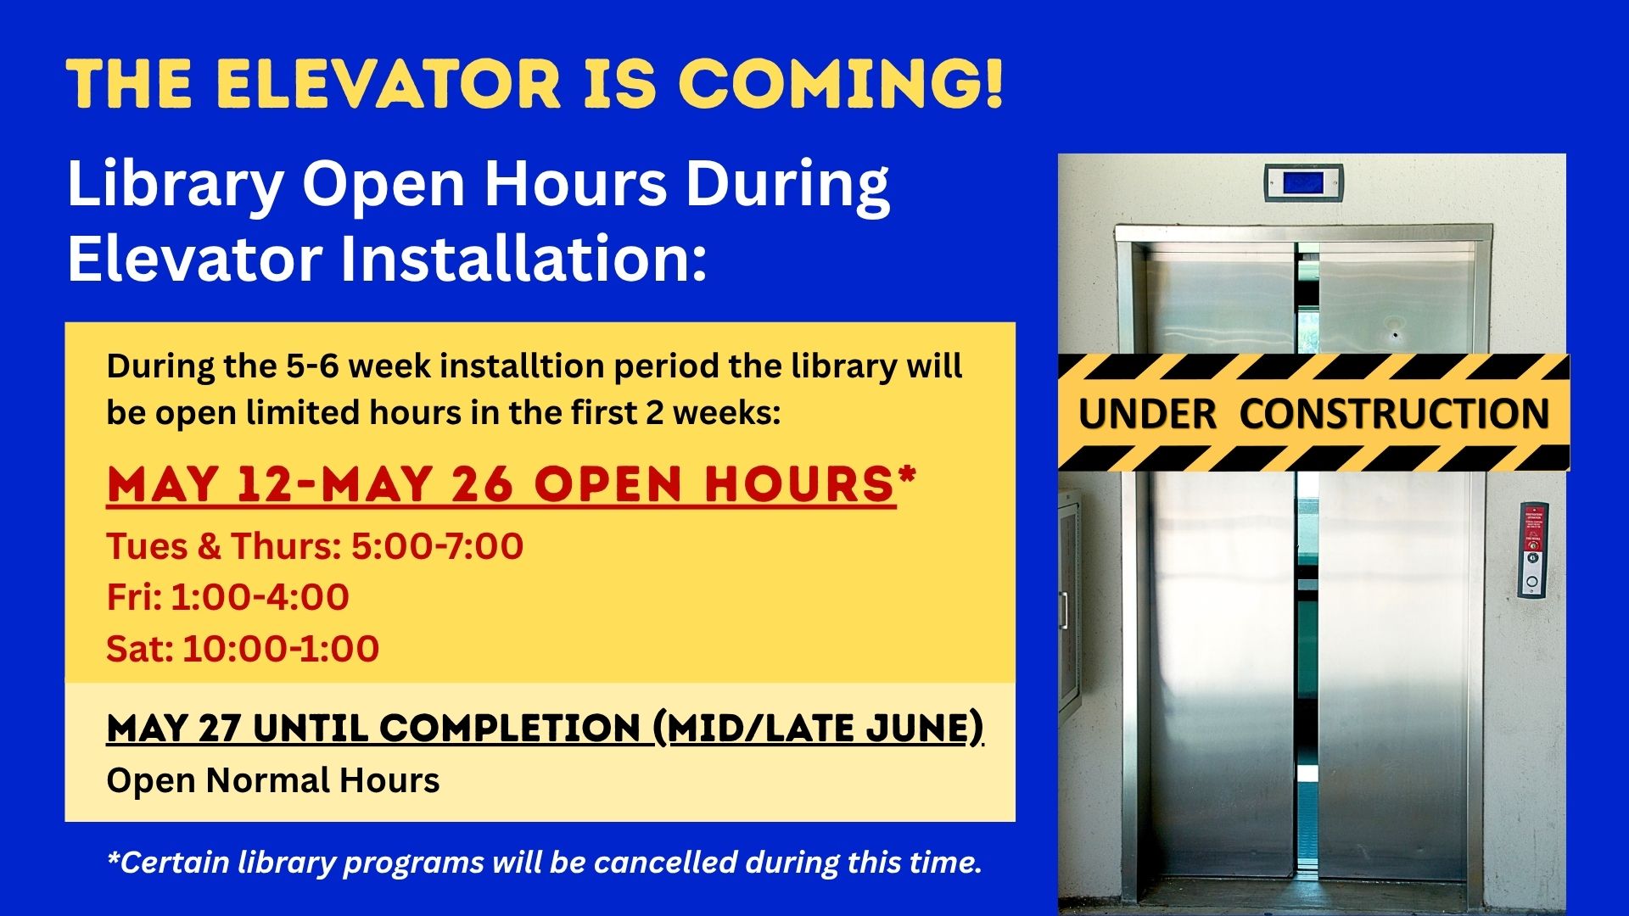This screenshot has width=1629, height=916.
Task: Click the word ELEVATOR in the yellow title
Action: [x=388, y=84]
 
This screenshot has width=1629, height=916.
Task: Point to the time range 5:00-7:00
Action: [x=437, y=546]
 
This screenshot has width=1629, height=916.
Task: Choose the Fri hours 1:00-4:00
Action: [x=260, y=597]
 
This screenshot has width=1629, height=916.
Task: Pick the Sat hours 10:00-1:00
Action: [x=281, y=649]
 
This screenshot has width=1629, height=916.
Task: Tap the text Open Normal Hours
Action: [x=273, y=781]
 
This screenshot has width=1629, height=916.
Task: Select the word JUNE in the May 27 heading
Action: [x=916, y=728]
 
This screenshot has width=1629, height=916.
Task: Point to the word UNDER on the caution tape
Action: [x=1147, y=415]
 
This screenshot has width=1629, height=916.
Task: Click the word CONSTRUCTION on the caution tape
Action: [x=1394, y=415]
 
